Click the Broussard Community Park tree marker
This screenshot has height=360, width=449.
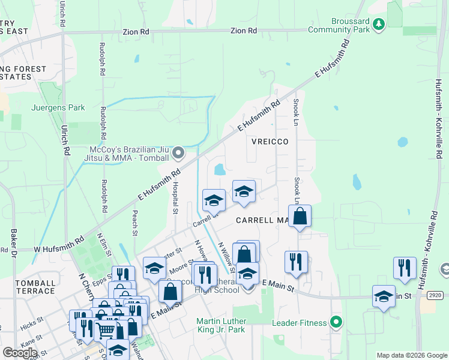tap(378, 24)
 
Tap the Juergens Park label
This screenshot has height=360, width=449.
tap(57, 108)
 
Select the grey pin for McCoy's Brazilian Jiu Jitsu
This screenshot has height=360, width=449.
tap(178, 154)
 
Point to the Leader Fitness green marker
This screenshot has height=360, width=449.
tap(336, 323)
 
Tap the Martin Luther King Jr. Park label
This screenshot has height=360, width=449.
tap(230, 325)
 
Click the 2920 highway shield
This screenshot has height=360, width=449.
tap(436, 296)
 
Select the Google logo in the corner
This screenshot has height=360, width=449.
tap(19, 352)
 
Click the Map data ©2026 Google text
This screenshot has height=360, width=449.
tap(411, 355)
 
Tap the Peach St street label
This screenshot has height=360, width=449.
tap(134, 223)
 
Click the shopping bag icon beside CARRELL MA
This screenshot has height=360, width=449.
tap(300, 217)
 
